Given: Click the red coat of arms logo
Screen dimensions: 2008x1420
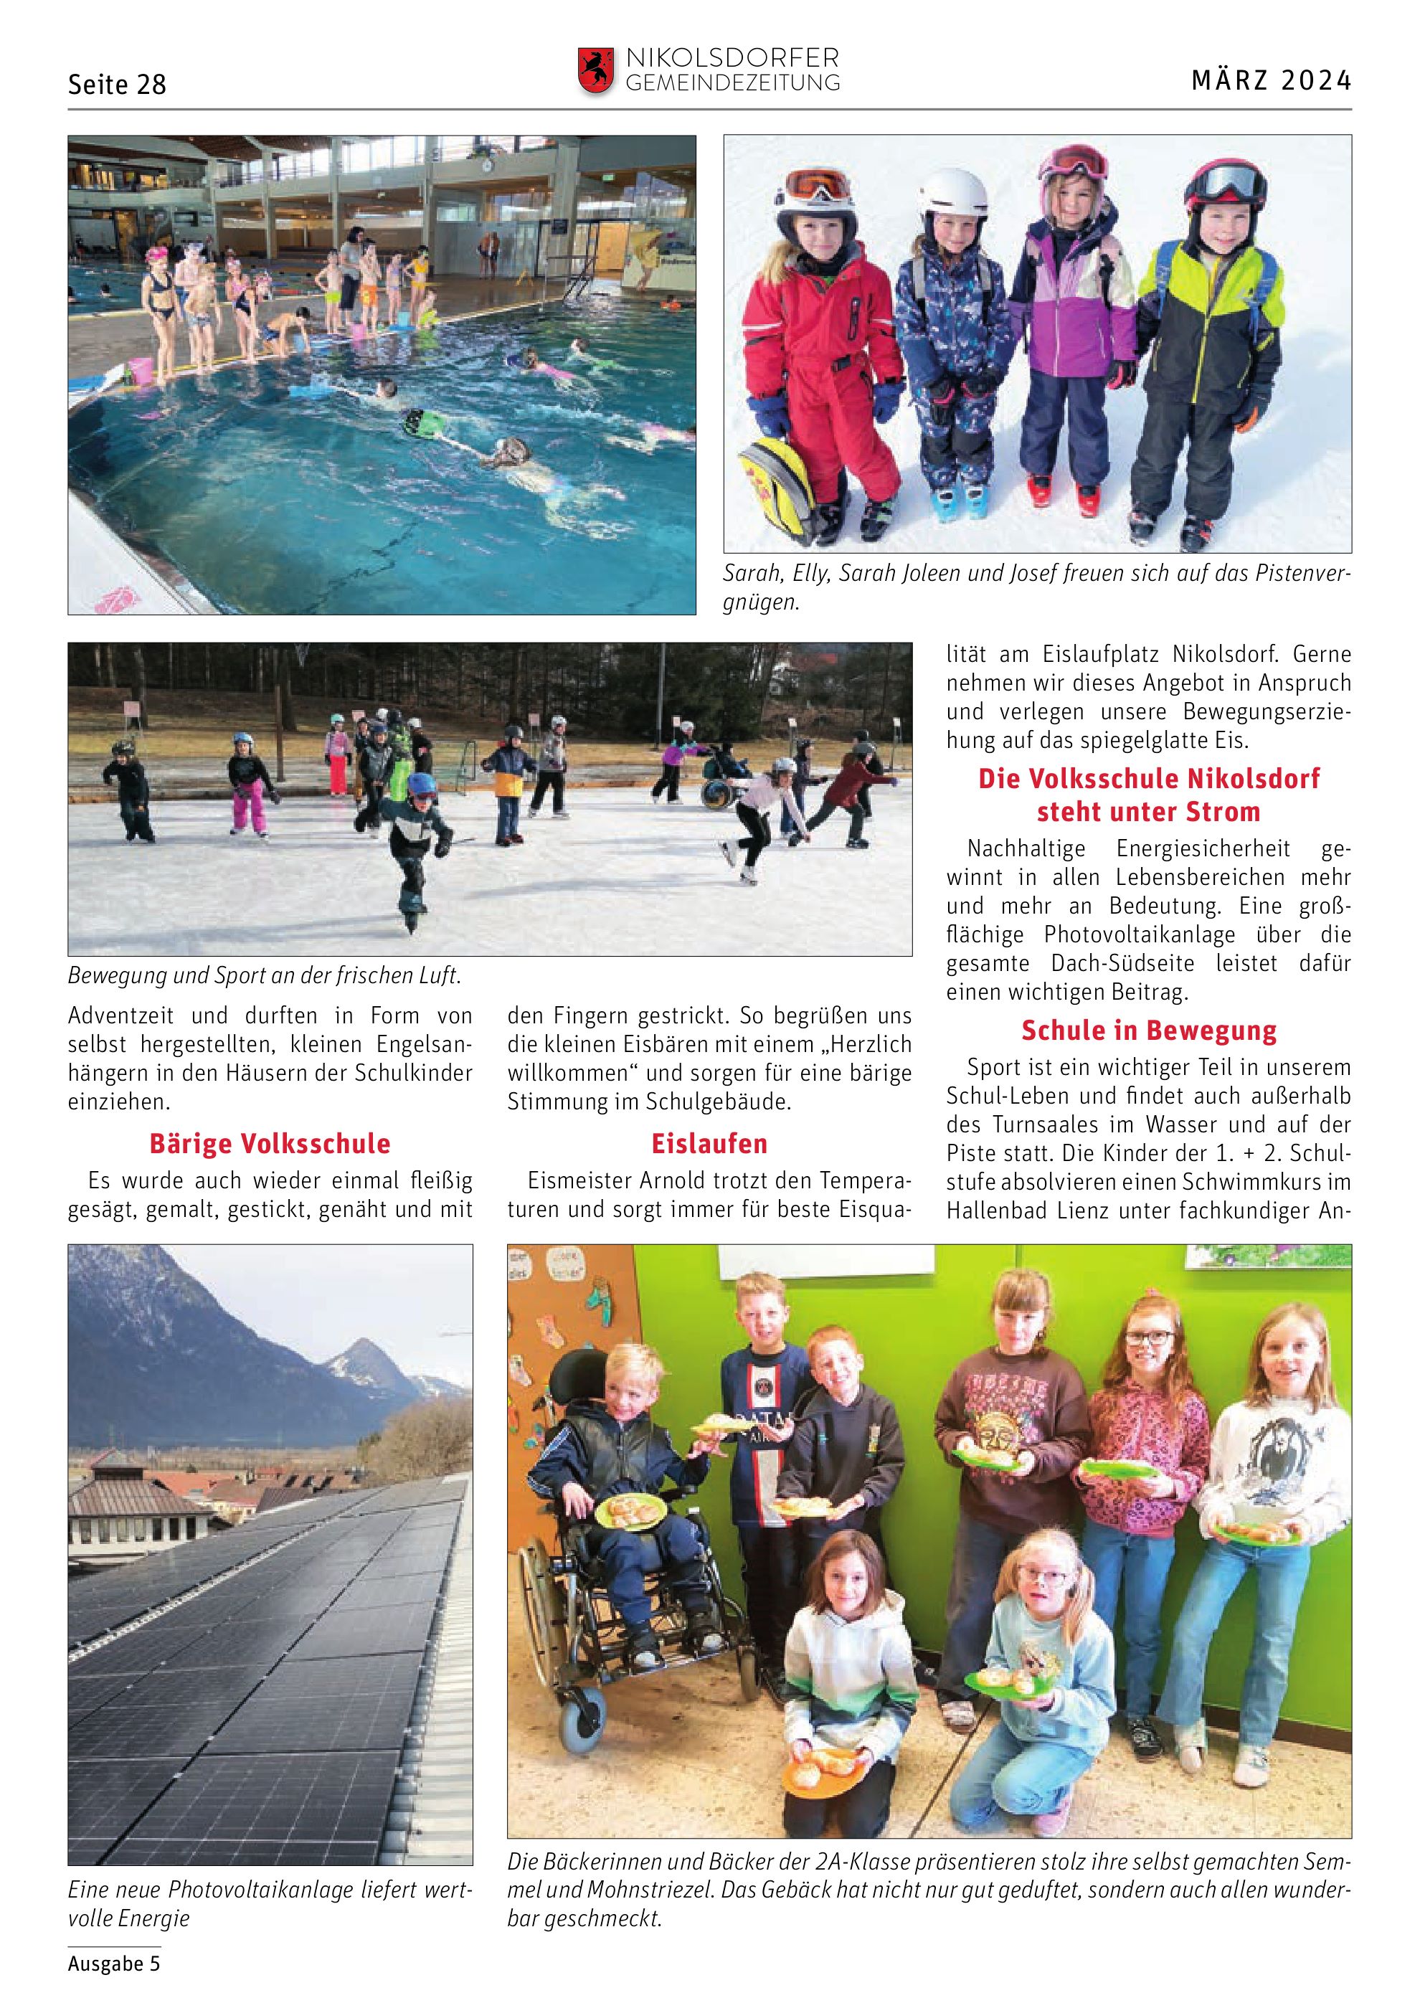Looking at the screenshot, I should [595, 70].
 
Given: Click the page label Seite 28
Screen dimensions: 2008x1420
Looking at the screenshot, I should [116, 84].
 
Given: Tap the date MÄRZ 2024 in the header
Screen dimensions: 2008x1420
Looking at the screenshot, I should [1271, 80].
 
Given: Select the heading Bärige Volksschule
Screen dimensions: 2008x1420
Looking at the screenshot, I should [270, 1143].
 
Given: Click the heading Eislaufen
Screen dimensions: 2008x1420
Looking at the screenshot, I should [709, 1143].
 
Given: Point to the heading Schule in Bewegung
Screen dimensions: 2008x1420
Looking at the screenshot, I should [1148, 1031].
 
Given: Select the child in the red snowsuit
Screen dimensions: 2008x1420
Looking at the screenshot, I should [822, 350].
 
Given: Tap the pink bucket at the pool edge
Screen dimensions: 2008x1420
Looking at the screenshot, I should [140, 371].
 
